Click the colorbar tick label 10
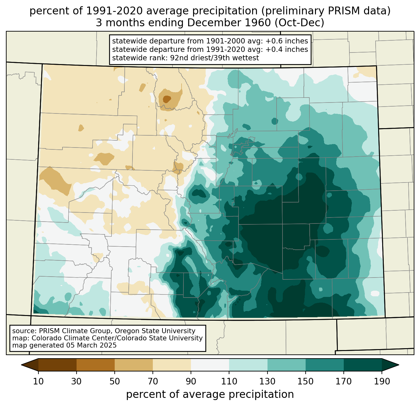(38, 381)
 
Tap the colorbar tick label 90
(191, 381)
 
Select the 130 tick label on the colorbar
(267, 381)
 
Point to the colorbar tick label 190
(382, 381)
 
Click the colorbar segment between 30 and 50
(95, 365)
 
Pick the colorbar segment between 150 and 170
(324, 365)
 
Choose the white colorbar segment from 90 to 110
(210, 365)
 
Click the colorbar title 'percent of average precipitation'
(210, 394)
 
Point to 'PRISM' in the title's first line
(341, 11)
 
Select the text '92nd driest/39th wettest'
(214, 58)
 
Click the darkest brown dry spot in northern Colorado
(167, 99)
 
